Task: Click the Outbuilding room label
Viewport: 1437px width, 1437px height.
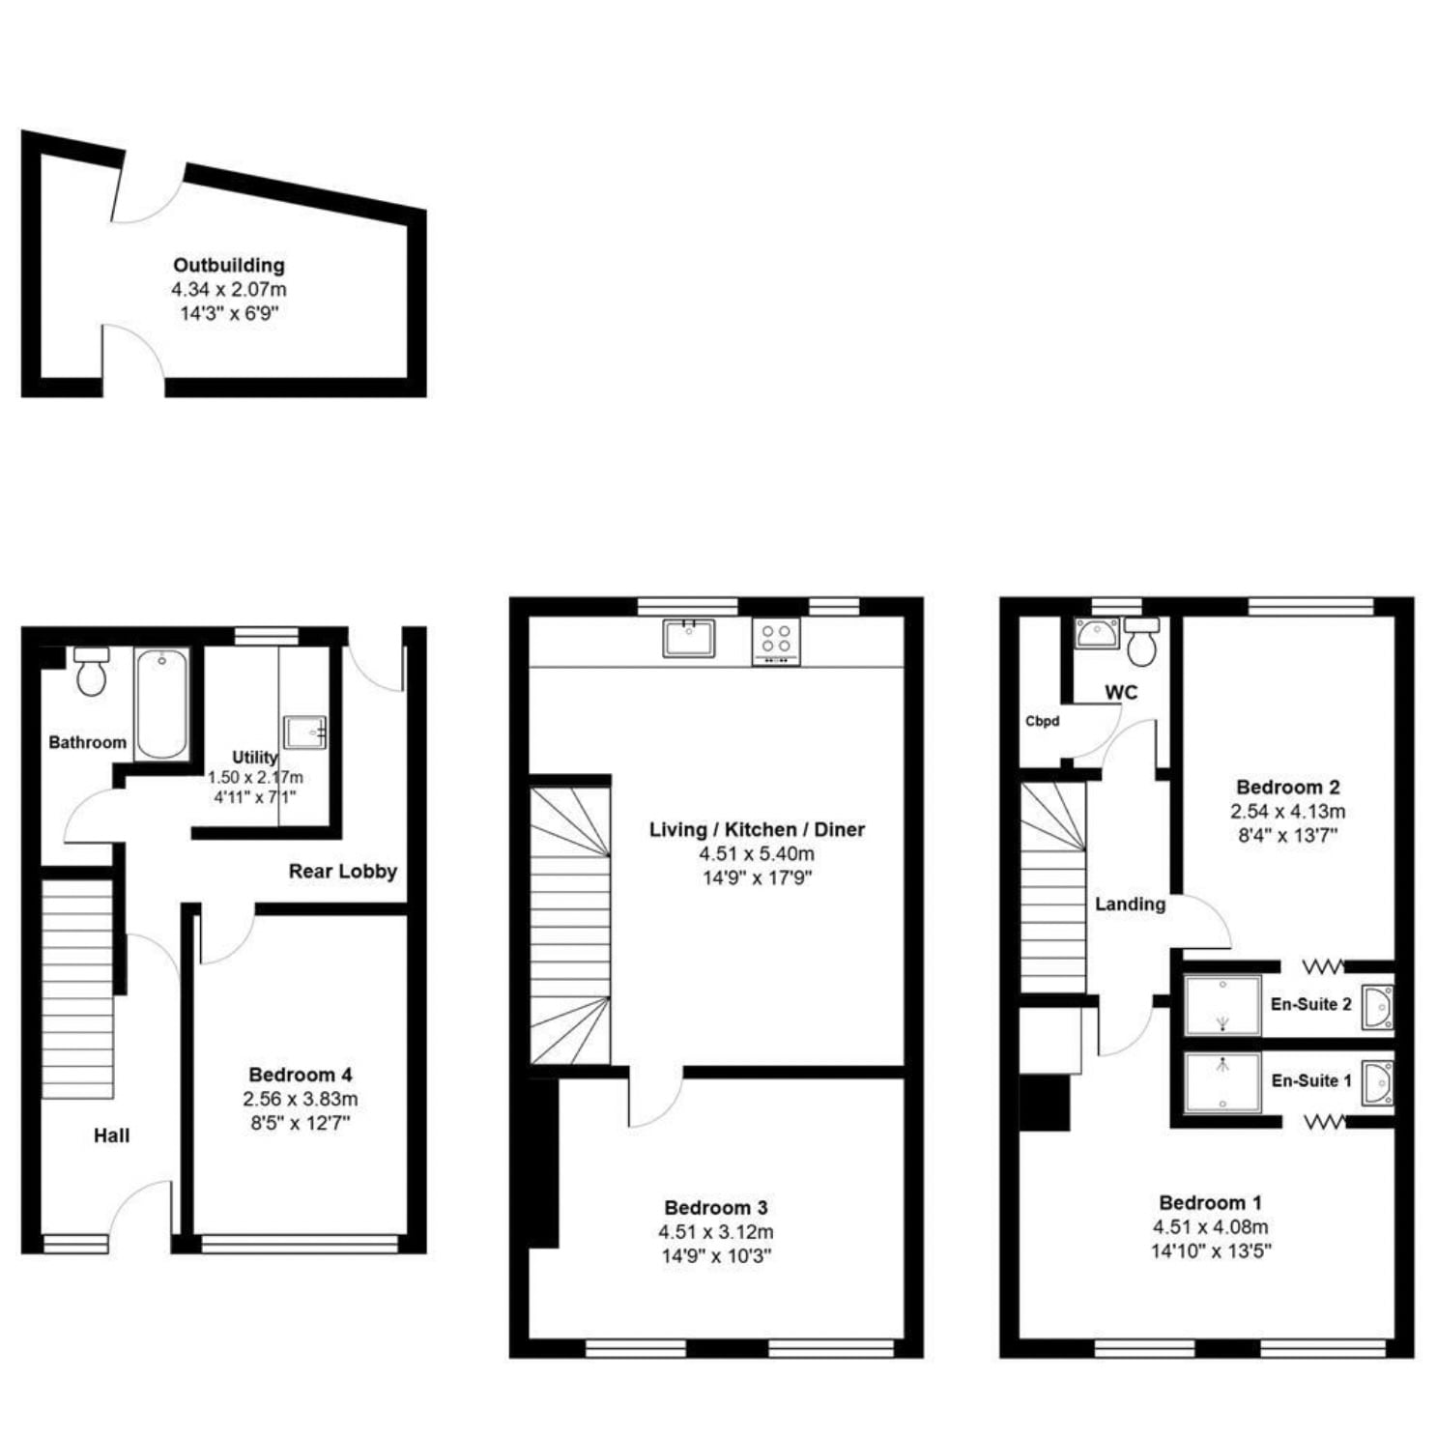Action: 229,265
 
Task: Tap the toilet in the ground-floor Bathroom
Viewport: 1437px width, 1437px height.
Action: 92,671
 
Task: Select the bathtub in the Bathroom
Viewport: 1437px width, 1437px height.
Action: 161,704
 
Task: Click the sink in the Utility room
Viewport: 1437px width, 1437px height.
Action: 305,732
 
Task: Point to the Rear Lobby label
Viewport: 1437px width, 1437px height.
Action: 343,871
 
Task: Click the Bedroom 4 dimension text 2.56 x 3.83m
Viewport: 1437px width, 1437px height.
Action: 301,1099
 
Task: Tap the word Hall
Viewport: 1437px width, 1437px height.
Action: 111,1135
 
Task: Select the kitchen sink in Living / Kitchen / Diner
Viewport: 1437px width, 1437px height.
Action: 689,638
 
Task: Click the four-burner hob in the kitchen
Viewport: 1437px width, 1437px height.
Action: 776,641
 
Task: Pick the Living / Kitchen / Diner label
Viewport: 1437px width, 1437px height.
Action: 757,829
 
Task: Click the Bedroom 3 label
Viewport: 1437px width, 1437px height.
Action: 716,1207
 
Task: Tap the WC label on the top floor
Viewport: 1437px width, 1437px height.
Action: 1121,692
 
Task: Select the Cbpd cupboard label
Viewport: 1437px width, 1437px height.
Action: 1042,721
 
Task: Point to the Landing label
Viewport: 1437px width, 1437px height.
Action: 1130,905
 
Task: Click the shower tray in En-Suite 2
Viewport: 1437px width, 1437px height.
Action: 1222,1004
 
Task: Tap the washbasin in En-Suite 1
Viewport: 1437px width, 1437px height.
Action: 1377,1083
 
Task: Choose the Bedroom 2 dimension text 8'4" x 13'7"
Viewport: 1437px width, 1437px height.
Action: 1287,836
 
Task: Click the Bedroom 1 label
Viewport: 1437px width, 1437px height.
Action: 1210,1202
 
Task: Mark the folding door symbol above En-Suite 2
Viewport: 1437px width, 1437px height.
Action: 1323,965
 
